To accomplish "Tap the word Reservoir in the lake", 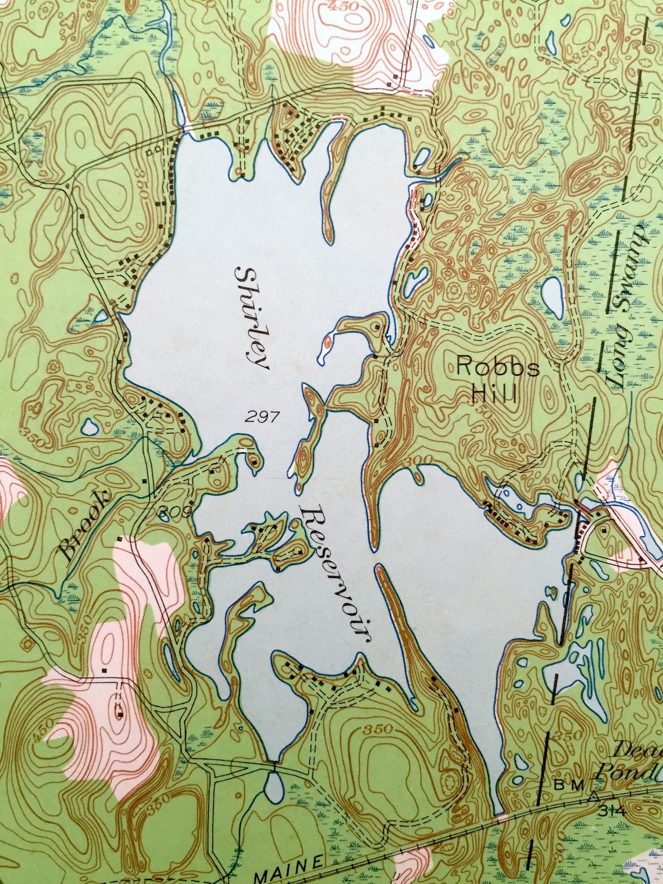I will click(336, 573).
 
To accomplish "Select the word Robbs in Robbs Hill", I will click(498, 368).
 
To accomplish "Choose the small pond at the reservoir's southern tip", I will click(273, 787).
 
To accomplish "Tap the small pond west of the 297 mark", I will click(90, 428).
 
